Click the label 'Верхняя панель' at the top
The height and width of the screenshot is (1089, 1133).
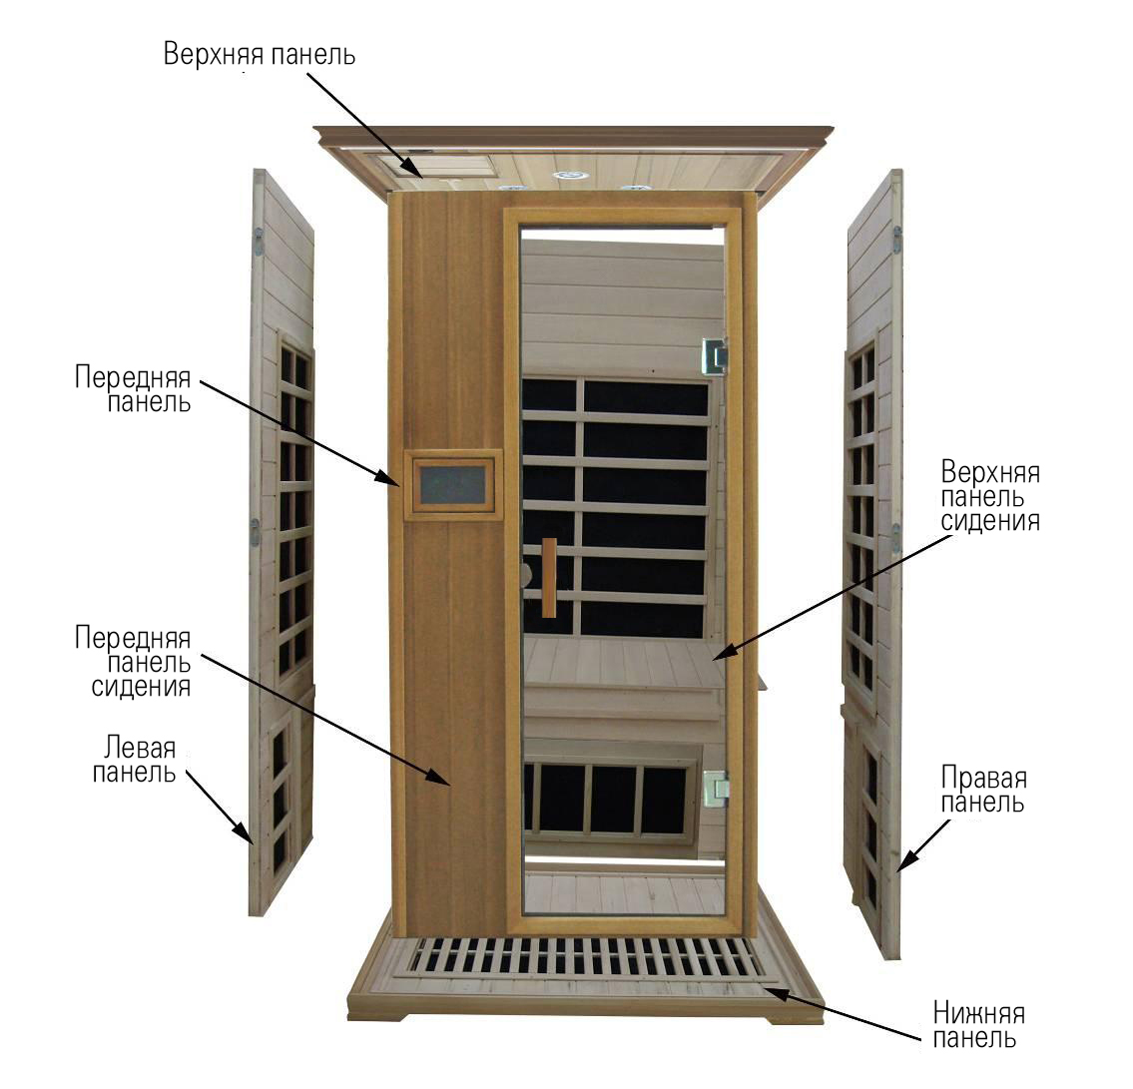pos(260,54)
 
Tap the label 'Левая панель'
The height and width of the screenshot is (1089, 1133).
pos(135,760)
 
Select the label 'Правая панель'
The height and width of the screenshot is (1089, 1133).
pos(983,790)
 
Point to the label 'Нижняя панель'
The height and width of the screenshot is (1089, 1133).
pos(979,1025)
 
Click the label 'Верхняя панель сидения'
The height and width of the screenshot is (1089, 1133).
pos(990,496)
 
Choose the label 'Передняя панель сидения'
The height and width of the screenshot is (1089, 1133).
pos(134,661)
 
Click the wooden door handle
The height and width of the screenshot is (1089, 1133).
pos(549,577)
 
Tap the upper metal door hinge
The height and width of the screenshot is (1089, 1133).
pos(716,357)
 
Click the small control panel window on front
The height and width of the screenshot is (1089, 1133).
pos(453,485)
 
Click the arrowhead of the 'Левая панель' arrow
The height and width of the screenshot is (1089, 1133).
pos(245,834)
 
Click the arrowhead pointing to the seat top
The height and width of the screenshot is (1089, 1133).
pos(723,651)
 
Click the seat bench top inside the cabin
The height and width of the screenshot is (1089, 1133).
pos(622,663)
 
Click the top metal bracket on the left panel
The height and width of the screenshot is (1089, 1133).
pos(258,243)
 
